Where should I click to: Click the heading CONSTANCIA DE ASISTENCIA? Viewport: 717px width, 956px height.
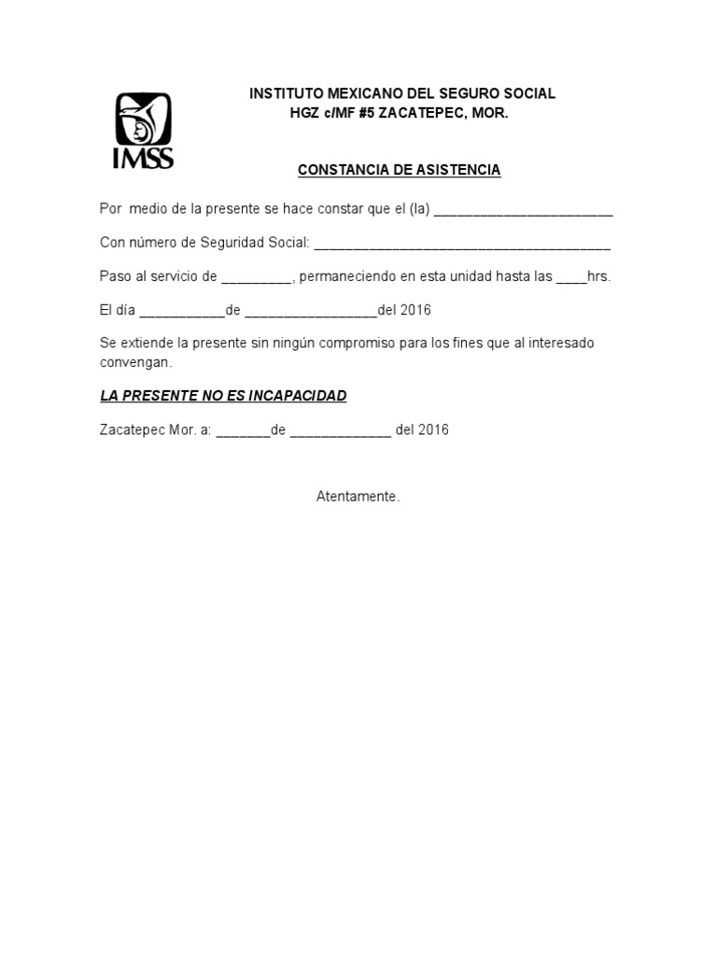[399, 170]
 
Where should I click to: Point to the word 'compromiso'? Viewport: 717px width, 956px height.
[358, 344]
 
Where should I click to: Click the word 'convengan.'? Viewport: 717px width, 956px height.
[136, 361]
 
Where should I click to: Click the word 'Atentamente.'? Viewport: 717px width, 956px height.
[358, 497]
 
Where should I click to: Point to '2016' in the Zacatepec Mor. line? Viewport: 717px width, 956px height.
[434, 430]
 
